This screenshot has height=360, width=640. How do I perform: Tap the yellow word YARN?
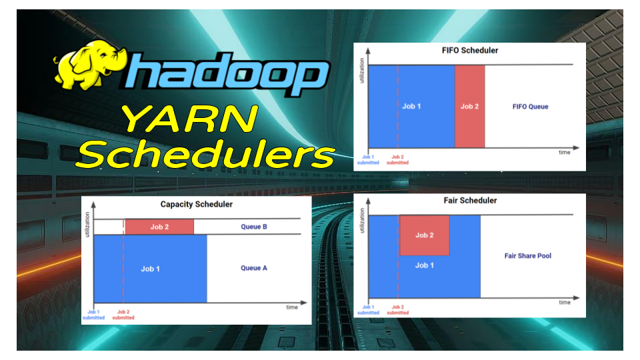[189, 121]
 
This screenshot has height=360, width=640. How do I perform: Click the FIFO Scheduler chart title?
[469, 51]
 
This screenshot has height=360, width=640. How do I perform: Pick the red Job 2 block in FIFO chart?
[469, 107]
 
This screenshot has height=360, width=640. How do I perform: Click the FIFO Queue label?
[530, 107]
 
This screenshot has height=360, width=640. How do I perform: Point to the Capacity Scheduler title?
[196, 204]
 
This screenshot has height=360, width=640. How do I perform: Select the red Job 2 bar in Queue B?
[159, 227]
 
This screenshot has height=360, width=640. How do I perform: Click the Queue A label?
[254, 268]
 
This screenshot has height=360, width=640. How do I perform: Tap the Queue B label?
[254, 227]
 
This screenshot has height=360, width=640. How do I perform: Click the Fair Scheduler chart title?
[469, 201]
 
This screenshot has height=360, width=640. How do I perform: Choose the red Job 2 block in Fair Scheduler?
[424, 235]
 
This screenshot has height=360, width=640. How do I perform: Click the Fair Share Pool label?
[527, 256]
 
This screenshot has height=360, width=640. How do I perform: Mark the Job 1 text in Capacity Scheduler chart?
[150, 269]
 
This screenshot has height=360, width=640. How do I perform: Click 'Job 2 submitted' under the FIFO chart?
[398, 160]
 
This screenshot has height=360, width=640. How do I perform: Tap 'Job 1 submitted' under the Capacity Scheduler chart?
[93, 315]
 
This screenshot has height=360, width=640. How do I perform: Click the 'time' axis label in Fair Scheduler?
[564, 302]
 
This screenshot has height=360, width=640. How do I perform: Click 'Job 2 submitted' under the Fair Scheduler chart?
[398, 310]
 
